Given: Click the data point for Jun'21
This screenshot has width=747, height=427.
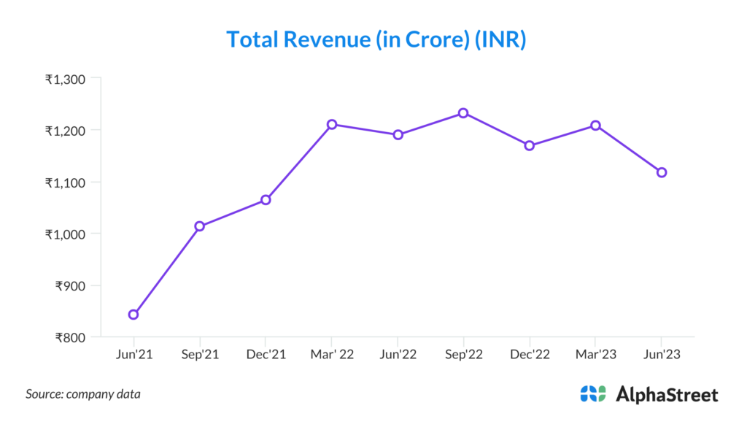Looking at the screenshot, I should [x=133, y=315].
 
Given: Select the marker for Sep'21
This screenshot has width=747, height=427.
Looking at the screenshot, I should [x=200, y=226].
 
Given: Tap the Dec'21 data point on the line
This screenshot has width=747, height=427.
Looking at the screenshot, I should [x=266, y=199].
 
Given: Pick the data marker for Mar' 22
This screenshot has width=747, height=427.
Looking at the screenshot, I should [x=332, y=124].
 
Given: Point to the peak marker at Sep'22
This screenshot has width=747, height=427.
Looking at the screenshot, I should [x=463, y=113].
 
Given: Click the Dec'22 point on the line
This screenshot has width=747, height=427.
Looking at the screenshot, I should [x=530, y=145].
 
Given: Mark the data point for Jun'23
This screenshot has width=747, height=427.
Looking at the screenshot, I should [x=662, y=172].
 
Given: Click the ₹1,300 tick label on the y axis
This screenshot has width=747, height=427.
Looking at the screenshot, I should [x=66, y=79].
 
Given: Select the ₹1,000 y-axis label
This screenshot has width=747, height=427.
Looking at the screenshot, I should [x=66, y=234].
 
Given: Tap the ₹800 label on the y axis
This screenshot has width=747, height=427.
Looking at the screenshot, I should [x=71, y=338].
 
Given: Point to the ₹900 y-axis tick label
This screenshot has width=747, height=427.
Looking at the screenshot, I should [x=71, y=286].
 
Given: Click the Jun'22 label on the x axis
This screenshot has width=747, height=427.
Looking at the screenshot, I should [x=398, y=355].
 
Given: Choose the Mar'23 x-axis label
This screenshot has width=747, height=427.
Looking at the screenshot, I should [x=595, y=355].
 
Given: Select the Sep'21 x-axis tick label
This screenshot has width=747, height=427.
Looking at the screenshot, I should [x=200, y=355].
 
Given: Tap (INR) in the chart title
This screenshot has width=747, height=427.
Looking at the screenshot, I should [x=500, y=39].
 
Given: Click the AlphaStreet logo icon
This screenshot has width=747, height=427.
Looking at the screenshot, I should [x=593, y=394].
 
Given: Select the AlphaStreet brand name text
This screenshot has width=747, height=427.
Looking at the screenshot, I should [x=667, y=395].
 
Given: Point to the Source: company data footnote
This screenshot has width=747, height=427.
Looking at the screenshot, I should [x=83, y=394].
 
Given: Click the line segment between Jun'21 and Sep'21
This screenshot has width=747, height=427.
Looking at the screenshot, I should [x=166, y=271].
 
